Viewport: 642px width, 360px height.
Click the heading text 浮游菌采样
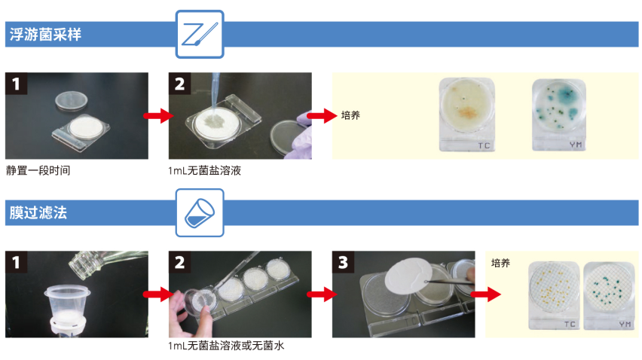(44, 34)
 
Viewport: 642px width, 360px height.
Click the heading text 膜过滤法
(38, 212)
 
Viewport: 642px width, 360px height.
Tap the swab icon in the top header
(200, 34)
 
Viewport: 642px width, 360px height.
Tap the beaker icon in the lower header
(200, 213)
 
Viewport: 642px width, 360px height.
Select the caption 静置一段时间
(38, 170)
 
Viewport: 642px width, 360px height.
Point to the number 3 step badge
(344, 263)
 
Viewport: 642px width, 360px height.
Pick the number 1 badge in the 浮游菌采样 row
(17, 84)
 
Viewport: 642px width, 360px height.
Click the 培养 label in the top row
(350, 115)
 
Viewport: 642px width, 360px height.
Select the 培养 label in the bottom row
(500, 263)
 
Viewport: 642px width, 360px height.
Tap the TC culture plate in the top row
(466, 111)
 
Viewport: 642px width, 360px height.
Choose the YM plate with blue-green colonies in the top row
(558, 111)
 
